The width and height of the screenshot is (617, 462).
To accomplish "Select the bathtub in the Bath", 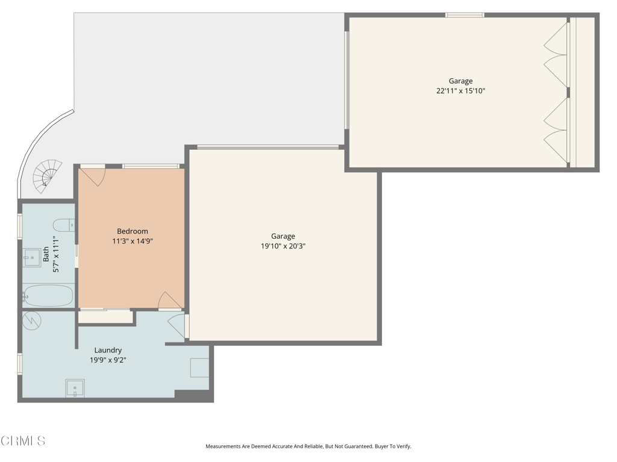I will pos(48,296).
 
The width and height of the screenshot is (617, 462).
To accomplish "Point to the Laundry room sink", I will pos(75,389).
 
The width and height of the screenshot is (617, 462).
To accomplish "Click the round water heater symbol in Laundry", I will pos(32,320).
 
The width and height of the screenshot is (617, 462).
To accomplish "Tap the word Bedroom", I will pos(132,231).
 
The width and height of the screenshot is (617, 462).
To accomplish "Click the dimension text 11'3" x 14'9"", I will pos(132,241).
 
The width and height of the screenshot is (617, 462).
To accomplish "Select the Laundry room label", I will pos(108,350).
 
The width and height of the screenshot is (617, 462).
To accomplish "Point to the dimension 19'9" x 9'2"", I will pos(108,360).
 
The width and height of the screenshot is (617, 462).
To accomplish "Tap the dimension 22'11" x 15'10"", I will pos(460,91).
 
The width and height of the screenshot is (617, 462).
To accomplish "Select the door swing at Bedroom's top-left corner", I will pos(93,176).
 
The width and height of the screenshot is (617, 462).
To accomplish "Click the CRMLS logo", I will pos(23,441).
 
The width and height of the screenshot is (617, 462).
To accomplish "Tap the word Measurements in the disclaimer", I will pos(224,446).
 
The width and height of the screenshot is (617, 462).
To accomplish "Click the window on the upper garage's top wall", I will pos(465,15).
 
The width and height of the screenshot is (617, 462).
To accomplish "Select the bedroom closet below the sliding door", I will pos(105,317).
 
